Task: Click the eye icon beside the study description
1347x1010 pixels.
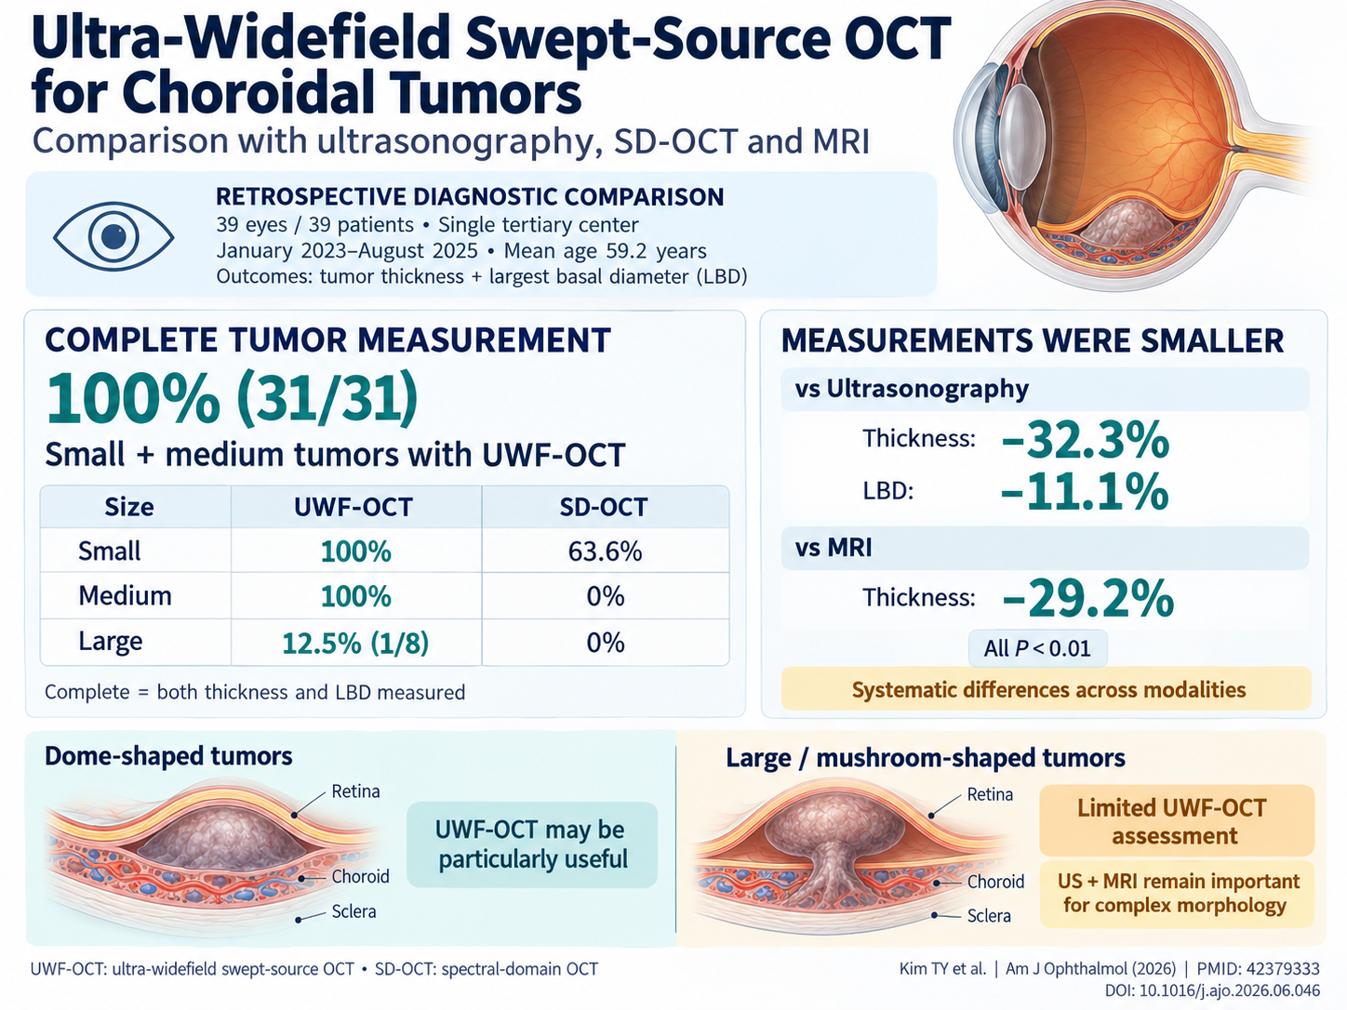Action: click(113, 236)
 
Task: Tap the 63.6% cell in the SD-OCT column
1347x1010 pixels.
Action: click(605, 552)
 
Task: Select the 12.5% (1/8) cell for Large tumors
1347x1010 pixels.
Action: click(355, 643)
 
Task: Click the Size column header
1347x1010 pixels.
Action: click(129, 507)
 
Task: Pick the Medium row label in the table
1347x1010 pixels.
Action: click(126, 595)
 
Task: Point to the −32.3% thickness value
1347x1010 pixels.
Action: click(1085, 440)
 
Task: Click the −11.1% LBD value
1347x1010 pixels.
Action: click(1085, 491)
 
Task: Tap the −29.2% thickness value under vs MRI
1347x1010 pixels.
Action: click(1088, 599)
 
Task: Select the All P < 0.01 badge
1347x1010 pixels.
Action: click(1038, 648)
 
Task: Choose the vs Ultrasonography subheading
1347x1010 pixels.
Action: click(912, 388)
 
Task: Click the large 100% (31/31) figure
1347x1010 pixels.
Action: click(232, 397)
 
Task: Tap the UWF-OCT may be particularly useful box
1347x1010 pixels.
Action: click(532, 844)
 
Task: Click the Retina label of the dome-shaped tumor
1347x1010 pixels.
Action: click(356, 791)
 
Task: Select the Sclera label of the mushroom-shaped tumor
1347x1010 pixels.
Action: click(989, 915)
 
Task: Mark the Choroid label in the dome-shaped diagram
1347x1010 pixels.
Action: click(360, 876)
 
